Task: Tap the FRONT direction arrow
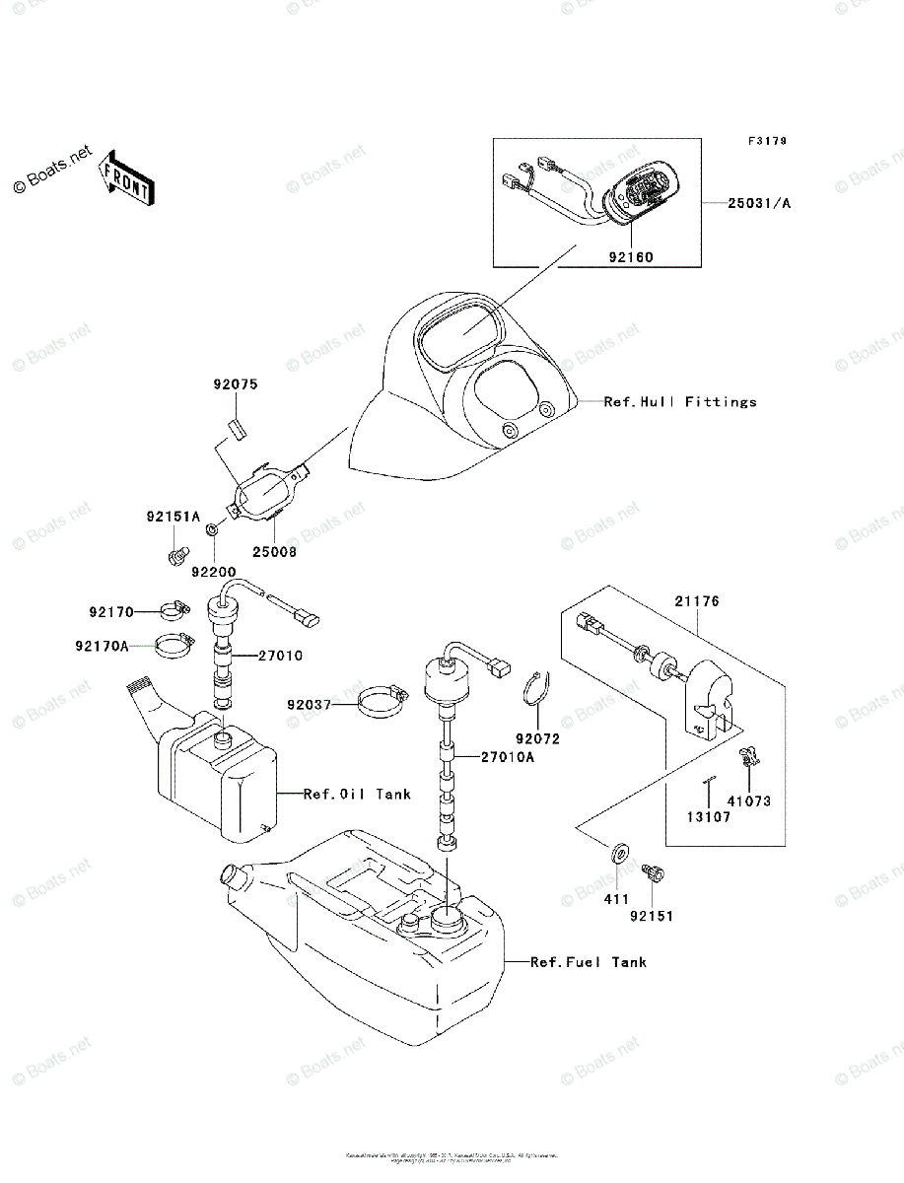tap(125, 176)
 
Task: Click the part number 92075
tap(235, 384)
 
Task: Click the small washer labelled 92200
tap(212, 532)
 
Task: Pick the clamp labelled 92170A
tap(173, 647)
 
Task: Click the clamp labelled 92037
tap(382, 703)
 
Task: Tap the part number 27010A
tap(509, 757)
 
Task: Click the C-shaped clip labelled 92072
tap(533, 689)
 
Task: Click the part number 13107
tap(710, 817)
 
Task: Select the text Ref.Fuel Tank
tap(589, 961)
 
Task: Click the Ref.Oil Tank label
tap(357, 794)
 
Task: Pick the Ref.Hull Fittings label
tap(679, 402)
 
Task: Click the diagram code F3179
tap(766, 142)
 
